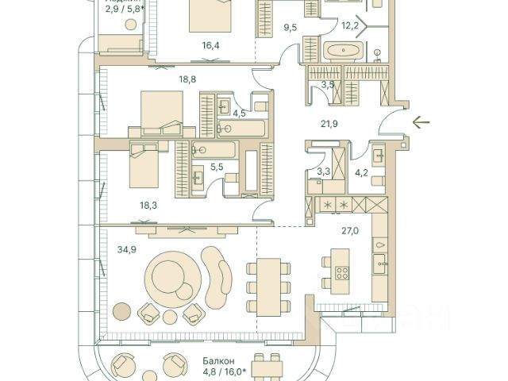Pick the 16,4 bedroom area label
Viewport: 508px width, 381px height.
click(x=210, y=45)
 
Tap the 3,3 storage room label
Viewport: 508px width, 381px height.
click(x=323, y=171)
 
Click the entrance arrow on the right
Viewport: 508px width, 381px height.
click(x=421, y=122)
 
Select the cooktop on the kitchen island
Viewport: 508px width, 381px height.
click(x=342, y=272)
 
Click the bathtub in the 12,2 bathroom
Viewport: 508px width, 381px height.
click(x=343, y=52)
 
